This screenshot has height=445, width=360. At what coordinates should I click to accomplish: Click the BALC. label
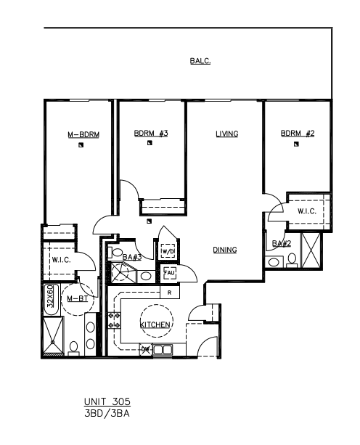pyautogui.click(x=200, y=61)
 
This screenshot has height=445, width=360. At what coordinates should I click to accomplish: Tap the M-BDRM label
pyautogui.click(x=83, y=134)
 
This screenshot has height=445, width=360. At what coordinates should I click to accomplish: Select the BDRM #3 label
pyautogui.click(x=151, y=133)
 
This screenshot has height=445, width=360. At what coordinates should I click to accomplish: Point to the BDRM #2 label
pyautogui.click(x=298, y=133)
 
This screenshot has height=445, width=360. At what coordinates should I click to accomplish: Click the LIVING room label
pyautogui.click(x=227, y=134)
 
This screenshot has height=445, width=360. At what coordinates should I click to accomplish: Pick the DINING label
pyautogui.click(x=225, y=250)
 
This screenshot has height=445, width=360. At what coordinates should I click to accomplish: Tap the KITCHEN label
pyautogui.click(x=155, y=324)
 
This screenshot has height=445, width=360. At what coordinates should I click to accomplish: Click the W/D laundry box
pyautogui.click(x=168, y=251)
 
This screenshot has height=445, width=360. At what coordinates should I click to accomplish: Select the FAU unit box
pyautogui.click(x=169, y=273)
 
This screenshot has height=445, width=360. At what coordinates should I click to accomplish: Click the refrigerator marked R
pyautogui.click(x=170, y=293)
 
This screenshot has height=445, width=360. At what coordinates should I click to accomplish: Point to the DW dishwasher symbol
pyautogui.click(x=146, y=349)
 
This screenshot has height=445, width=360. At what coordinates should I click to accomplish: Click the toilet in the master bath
pyautogui.click(x=74, y=348)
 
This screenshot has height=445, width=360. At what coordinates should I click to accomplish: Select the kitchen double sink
pyautogui.click(x=163, y=349)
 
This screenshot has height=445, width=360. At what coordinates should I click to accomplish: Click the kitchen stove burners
pyautogui.click(x=115, y=320)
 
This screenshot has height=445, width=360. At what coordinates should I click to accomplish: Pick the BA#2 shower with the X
pyautogui.click(x=311, y=250)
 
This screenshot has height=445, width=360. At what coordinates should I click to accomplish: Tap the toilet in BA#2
pyautogui.click(x=292, y=260)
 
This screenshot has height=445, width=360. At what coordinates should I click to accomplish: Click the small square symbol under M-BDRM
pyautogui.click(x=81, y=145)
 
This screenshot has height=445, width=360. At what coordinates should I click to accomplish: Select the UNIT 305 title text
pyautogui.click(x=107, y=401)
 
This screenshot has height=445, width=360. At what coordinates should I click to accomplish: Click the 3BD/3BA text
pyautogui.click(x=107, y=414)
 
